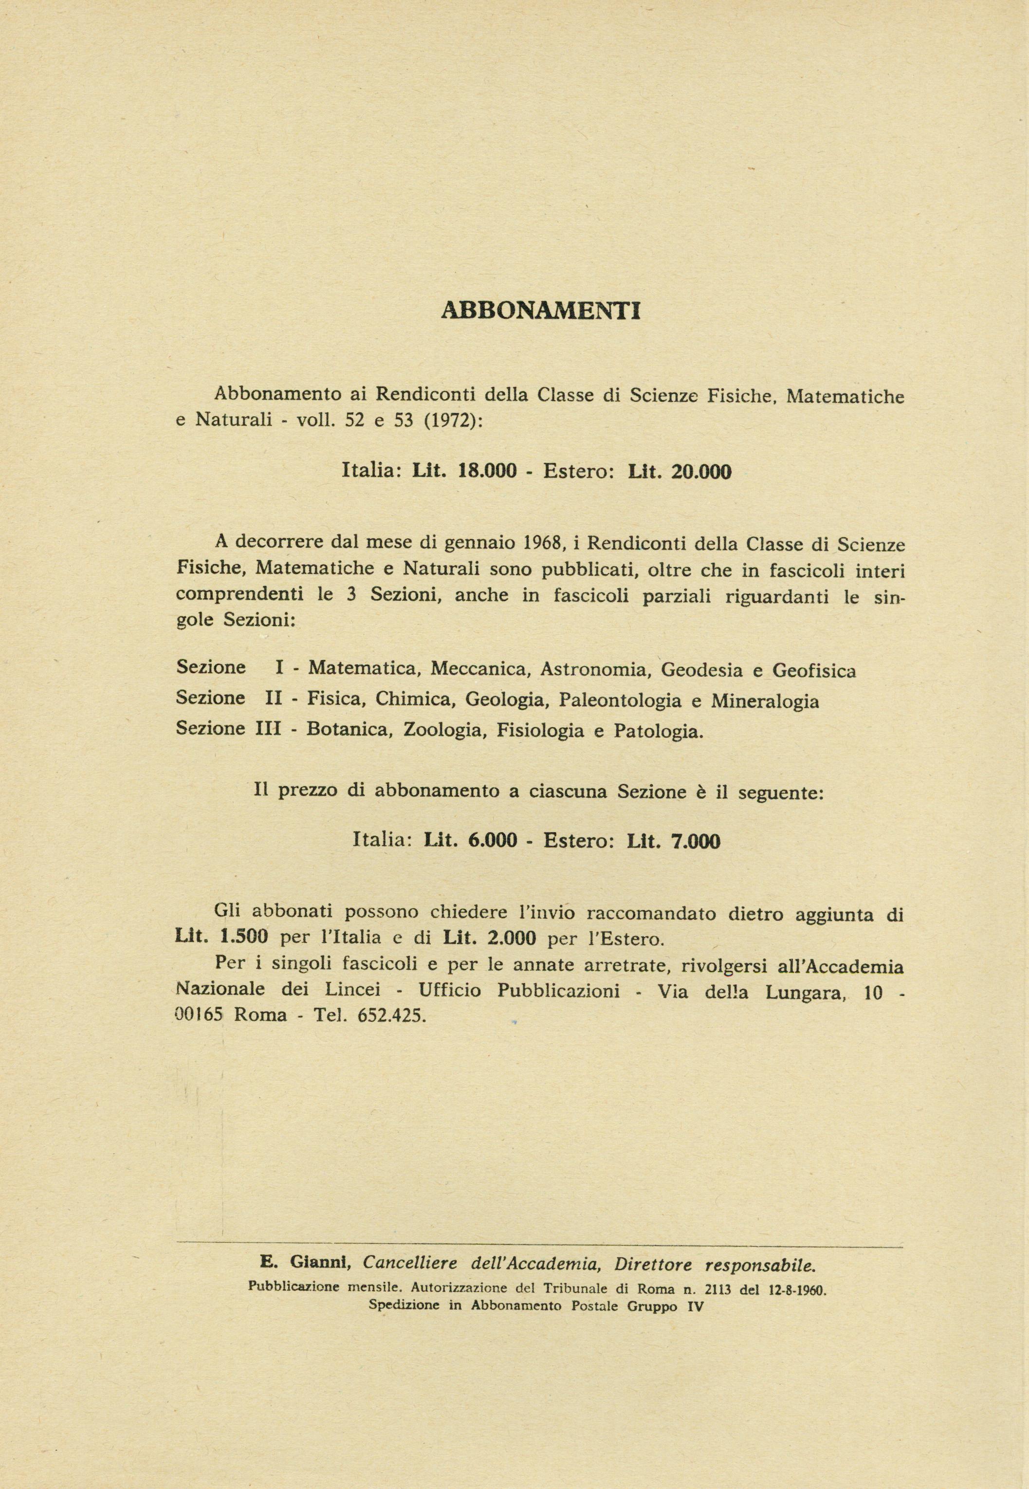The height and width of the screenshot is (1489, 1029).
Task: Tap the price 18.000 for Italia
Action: click(487, 471)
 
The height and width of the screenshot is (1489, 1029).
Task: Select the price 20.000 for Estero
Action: click(701, 471)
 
